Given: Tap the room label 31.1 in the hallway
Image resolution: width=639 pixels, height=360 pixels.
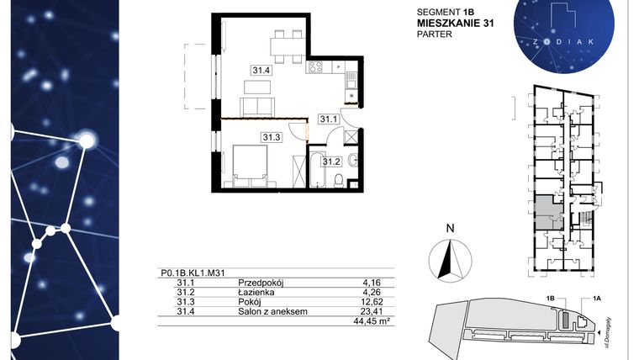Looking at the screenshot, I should pos(328,120).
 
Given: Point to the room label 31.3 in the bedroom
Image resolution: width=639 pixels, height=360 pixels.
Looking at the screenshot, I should pos(271,137).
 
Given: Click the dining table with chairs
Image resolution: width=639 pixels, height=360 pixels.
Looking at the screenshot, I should pos(286,43).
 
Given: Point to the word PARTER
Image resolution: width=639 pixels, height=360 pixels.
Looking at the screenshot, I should pos(435,34).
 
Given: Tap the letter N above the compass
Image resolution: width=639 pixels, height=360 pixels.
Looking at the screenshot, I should pos(450,228).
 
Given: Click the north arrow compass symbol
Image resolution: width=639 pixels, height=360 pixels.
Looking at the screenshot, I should pos(450,257).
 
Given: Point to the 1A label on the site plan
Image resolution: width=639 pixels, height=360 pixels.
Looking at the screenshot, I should pos(598,298).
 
